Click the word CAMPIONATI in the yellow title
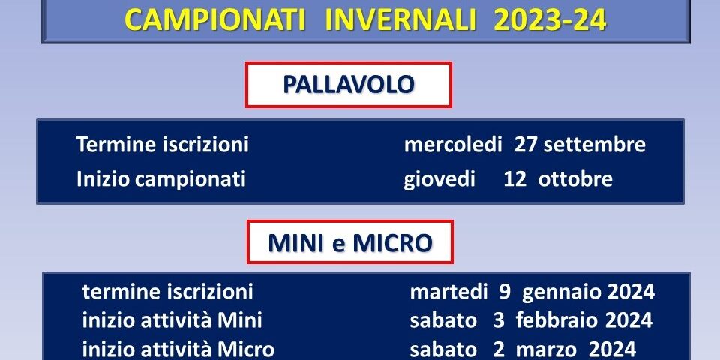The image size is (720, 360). [216, 20]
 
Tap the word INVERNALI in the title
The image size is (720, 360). [400, 20]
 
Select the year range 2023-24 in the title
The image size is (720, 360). [550, 20]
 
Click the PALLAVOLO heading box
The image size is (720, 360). [349, 85]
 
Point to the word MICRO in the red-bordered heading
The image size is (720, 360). [392, 243]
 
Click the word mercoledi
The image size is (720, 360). [453, 145]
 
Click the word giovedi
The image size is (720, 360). [439, 179]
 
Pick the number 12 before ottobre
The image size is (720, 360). [514, 179]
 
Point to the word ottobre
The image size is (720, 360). [575, 179]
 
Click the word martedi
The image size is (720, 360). [448, 292]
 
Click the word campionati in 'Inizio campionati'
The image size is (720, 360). [190, 179]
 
